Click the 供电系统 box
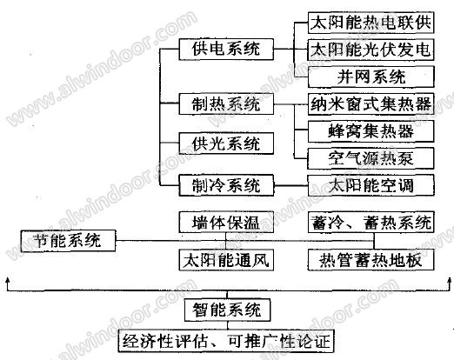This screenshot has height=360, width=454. [x=226, y=50]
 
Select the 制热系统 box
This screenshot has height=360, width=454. [x=226, y=103]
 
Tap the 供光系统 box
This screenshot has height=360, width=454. [x=226, y=143]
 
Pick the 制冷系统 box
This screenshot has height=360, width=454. [x=226, y=185]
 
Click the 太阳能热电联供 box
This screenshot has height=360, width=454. [x=371, y=23]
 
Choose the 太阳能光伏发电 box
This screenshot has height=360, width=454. [x=371, y=50]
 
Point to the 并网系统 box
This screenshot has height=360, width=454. [x=371, y=77]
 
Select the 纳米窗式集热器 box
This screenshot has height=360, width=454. [x=371, y=103]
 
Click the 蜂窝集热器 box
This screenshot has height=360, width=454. [x=371, y=131]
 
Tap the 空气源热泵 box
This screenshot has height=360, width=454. [x=371, y=158]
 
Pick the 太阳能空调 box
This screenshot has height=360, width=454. [x=371, y=185]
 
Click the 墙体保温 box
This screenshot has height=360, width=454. [x=226, y=222]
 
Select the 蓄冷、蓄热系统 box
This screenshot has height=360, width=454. [x=371, y=222]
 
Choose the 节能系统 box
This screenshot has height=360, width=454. [x=68, y=241]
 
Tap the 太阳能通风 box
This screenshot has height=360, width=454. [x=226, y=260]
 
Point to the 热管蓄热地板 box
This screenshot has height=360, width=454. [x=371, y=260]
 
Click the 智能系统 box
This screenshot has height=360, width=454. [x=227, y=310]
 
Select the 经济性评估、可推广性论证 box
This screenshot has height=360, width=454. [x=226, y=341]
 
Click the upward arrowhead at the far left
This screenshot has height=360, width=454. [x=7, y=280]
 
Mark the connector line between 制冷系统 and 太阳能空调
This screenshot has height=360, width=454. [x=290, y=185]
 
